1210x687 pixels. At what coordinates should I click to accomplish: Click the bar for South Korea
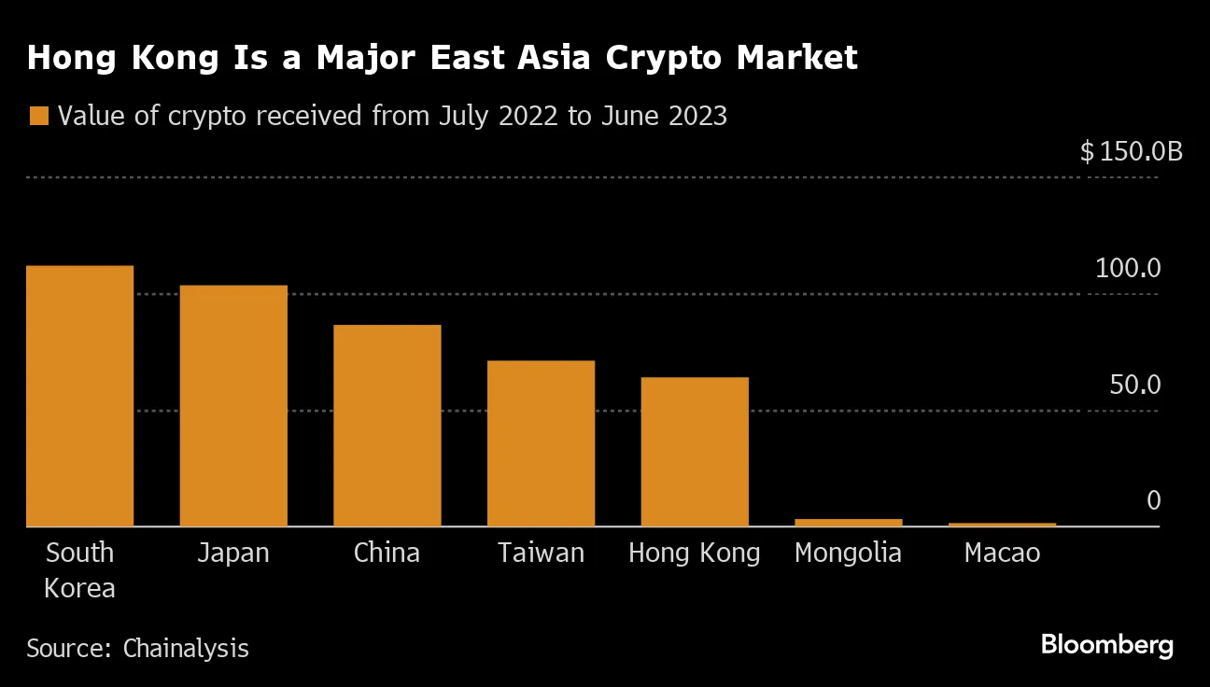coord(79,396)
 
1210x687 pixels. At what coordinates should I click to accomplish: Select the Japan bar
coord(233,406)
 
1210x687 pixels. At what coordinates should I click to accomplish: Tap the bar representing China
coord(387,426)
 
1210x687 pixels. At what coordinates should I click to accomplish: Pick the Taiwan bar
coord(541,443)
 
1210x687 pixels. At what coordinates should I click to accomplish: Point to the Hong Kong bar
coord(694,452)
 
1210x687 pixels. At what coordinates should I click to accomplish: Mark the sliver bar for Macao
coord(1002,525)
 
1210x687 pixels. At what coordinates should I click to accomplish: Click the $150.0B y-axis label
coord(1131,151)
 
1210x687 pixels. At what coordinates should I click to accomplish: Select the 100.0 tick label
coord(1128,269)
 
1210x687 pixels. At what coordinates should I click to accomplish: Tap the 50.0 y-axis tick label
coord(1134,385)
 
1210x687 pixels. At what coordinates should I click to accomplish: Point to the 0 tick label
coord(1153,501)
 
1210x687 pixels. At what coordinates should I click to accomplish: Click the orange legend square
coord(38,117)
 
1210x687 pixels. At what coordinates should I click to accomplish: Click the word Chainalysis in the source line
coord(186,648)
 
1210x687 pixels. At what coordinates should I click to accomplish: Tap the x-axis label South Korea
coord(79,570)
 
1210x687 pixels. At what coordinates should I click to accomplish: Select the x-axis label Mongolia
coord(848,553)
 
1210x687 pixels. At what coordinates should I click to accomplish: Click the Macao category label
coord(1002,553)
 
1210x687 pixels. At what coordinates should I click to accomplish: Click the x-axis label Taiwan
coord(541,553)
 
